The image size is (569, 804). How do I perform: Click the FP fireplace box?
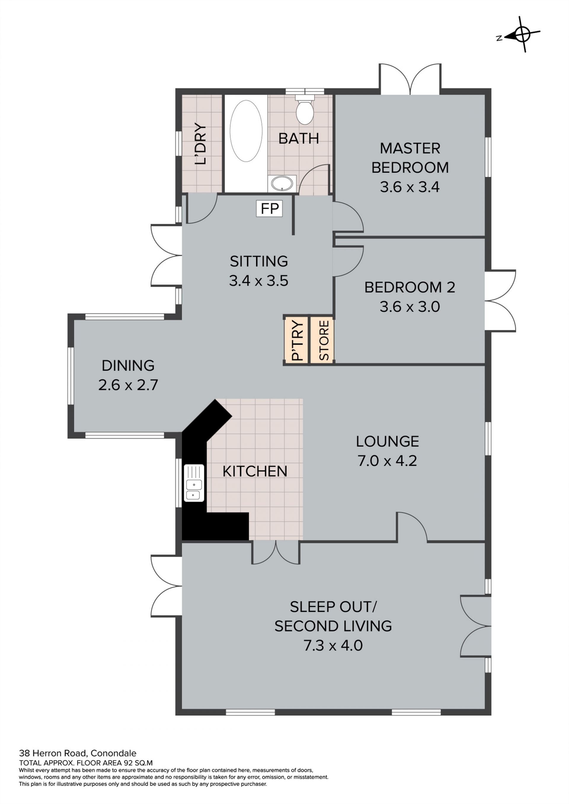pos(269,209)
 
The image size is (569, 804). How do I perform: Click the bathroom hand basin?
pos(282,183)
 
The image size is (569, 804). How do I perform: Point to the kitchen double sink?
pos(194,483)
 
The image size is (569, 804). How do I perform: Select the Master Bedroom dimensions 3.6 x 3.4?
pos(410,187)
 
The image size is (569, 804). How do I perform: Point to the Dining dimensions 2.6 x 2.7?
pos(128,385)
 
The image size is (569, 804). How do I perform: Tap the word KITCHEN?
pos(255,471)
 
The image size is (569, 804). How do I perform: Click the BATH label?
pos(298,139)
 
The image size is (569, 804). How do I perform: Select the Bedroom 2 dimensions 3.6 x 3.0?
pos(410,307)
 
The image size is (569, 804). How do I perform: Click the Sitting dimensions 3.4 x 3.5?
pos(259,281)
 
